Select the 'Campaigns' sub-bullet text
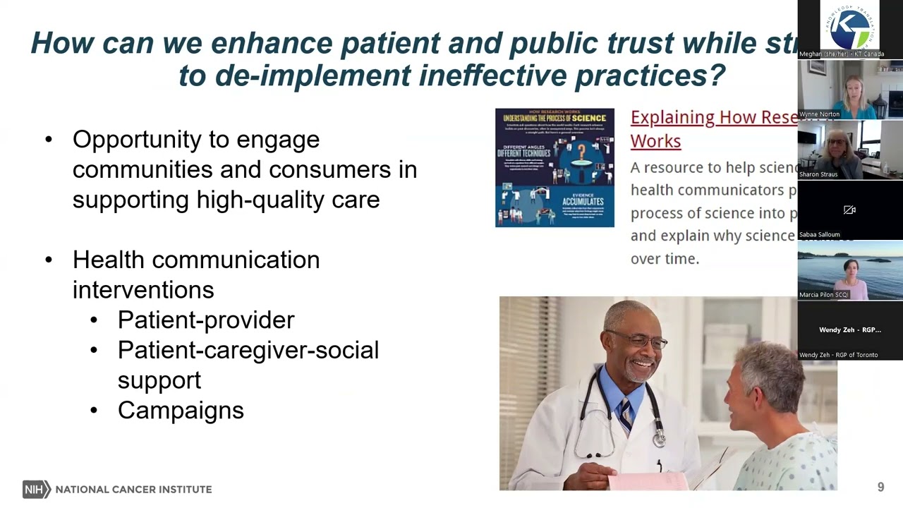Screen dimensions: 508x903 coord(181,410)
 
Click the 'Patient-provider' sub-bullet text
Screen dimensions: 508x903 coord(206,320)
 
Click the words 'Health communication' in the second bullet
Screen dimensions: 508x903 coord(196,260)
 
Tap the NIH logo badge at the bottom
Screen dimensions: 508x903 coord(35,489)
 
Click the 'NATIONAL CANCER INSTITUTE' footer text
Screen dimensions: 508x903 coord(133,489)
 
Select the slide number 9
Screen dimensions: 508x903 coord(880,487)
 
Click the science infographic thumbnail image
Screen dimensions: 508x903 coord(554,167)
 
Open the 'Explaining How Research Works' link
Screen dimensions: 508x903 coord(713,128)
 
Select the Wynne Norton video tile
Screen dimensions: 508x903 coord(850,90)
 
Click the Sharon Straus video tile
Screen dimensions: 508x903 coord(850,150)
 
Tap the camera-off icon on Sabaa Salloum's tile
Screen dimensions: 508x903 coord(849,210)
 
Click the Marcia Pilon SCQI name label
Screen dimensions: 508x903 coord(824,295)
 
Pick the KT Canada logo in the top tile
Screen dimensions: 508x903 coord(850,27)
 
